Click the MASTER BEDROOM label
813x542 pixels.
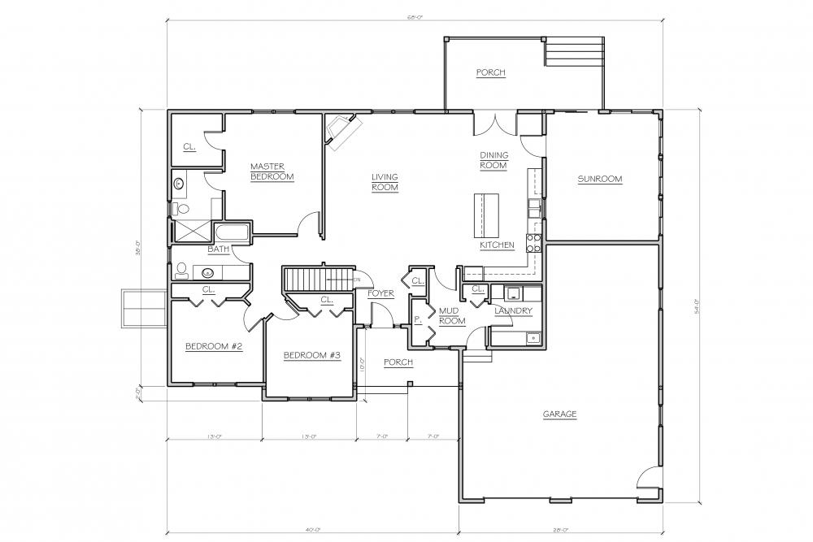click(x=272, y=171)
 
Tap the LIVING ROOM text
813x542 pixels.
click(x=385, y=182)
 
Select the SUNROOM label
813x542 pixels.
click(x=599, y=179)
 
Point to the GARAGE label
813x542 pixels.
click(x=559, y=414)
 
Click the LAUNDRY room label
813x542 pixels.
click(x=513, y=310)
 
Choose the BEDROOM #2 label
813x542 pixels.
click(x=215, y=346)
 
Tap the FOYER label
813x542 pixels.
click(x=380, y=293)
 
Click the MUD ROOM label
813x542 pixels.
click(x=451, y=316)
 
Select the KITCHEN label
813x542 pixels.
click(x=496, y=245)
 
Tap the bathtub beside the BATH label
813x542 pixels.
click(x=233, y=234)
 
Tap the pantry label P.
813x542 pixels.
click(x=416, y=320)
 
